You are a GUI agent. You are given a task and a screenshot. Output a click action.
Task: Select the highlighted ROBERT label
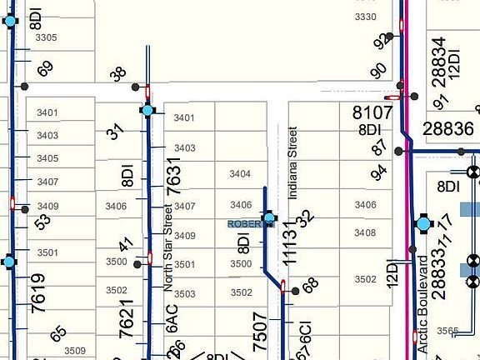click(245, 224)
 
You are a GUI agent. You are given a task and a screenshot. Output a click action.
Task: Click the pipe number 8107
click(372, 112)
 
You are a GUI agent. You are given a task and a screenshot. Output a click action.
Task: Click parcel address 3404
click(240, 174)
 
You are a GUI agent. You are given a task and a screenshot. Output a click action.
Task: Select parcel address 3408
click(365, 233)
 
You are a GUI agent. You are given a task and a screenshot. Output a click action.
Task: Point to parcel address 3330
click(365, 17)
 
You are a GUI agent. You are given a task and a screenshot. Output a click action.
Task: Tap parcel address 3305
click(46, 37)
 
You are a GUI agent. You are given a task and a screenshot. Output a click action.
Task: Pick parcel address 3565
click(447, 331)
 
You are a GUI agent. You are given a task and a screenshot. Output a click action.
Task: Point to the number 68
click(311, 285)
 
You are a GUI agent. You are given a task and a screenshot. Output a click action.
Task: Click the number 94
click(380, 172)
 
